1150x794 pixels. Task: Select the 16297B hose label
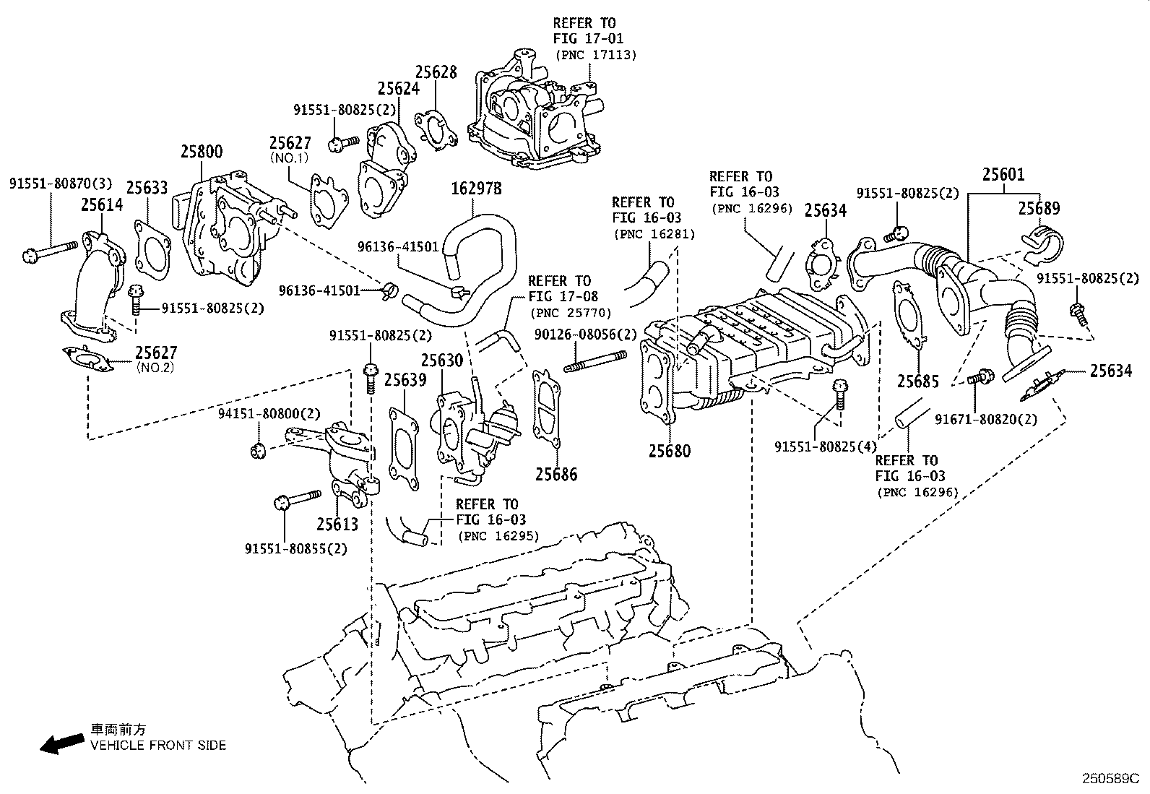[x=476, y=189]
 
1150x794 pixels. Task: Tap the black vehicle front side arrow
[x=61, y=743]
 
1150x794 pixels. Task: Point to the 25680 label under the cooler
[x=669, y=451]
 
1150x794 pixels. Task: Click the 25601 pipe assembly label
[x=1003, y=174]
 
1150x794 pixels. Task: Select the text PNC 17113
[x=596, y=55]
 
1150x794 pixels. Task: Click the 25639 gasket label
[x=405, y=380]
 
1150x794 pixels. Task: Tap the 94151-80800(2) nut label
[x=269, y=414]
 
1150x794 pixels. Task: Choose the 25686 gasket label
[x=556, y=474]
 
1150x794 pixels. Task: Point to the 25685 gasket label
[x=918, y=381]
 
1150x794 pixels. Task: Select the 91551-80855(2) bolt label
[x=295, y=548]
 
